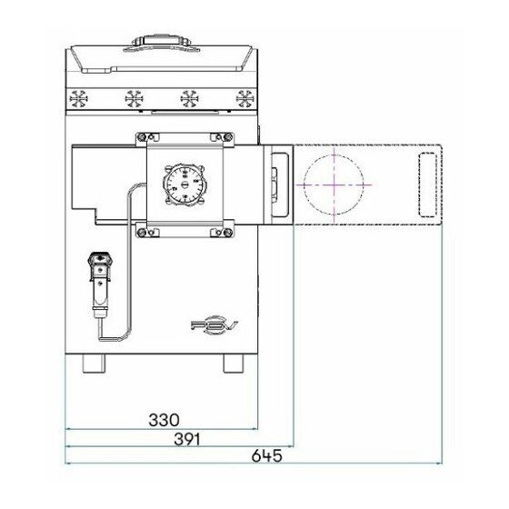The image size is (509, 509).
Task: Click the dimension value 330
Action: point(164,420)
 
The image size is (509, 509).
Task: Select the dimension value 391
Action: point(187,440)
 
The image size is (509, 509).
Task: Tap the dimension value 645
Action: point(267,455)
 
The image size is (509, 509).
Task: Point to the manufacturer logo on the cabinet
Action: point(215,326)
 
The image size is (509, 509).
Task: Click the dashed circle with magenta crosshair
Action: point(334,185)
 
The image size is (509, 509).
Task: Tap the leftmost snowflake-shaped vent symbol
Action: point(78,99)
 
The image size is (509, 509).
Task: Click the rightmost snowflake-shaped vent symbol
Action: point(245,99)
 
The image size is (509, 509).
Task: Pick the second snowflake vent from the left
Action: point(135,99)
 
